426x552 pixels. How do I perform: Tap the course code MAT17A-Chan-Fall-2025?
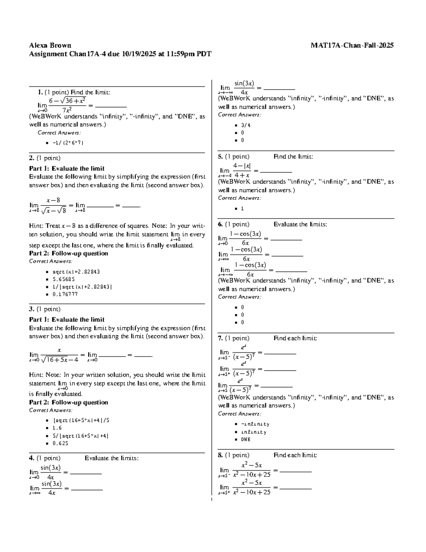tap(352, 45)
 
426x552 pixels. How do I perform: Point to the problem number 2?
tap(31, 158)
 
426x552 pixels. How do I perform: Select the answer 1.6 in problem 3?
tap(57, 428)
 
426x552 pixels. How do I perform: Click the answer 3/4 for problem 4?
tap(246, 125)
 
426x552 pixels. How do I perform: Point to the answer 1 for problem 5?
tap(242, 209)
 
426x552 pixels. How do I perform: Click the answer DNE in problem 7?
tap(246, 439)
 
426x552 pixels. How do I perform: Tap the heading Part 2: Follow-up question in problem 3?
tap(68, 402)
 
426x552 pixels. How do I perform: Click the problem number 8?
tap(220, 455)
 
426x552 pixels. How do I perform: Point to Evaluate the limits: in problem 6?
tap(300, 224)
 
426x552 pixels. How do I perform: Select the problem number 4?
tap(31, 458)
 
